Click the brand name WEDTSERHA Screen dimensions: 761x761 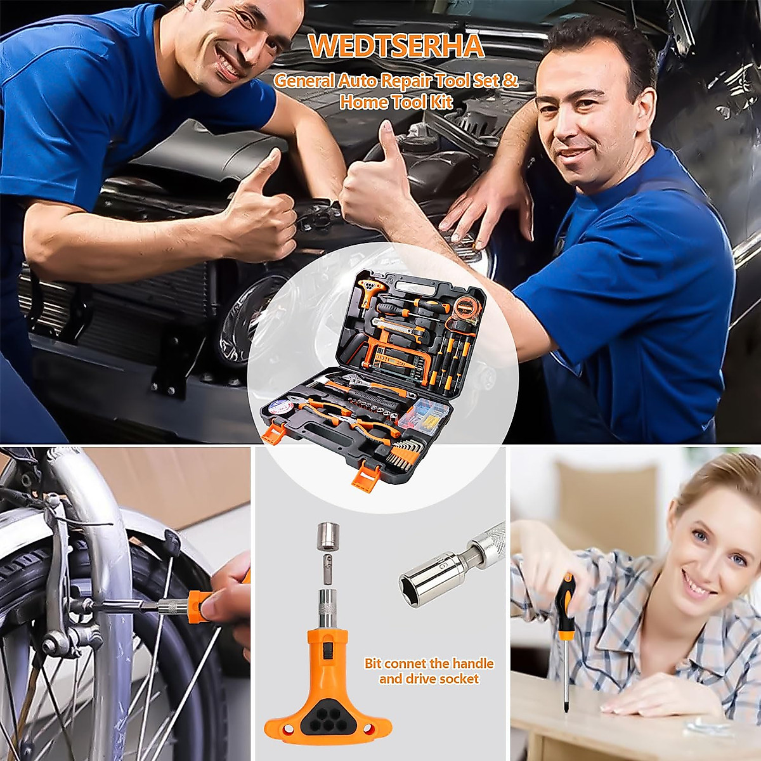click(x=396, y=46)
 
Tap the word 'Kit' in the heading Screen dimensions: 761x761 click(x=440, y=102)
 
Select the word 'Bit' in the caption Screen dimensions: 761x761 click(x=374, y=663)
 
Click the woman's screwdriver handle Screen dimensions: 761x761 click(x=563, y=599)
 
